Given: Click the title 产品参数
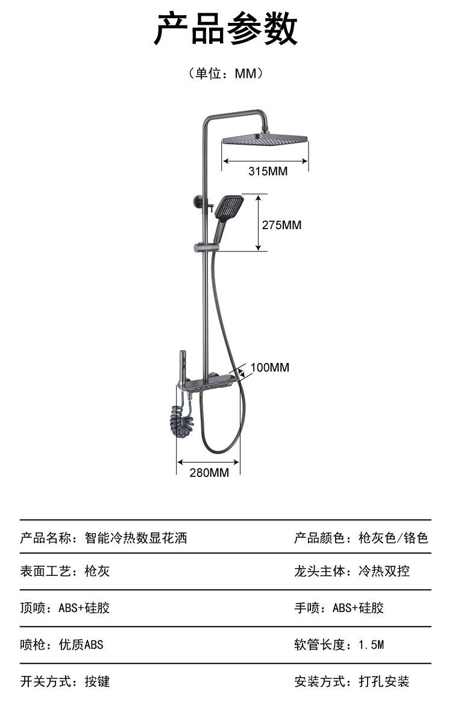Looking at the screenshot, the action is click(x=226, y=30).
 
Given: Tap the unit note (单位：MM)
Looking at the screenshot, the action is click(x=226, y=74).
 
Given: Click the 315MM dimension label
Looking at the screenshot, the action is click(x=268, y=171).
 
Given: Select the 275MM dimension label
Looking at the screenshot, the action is click(x=281, y=225).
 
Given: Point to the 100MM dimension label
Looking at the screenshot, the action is click(x=269, y=367).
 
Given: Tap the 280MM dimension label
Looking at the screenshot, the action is click(x=209, y=473).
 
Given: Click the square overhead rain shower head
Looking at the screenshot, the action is click(x=265, y=139).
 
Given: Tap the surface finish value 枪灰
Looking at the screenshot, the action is click(x=97, y=571).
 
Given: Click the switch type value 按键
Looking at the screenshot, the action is click(x=97, y=682).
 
